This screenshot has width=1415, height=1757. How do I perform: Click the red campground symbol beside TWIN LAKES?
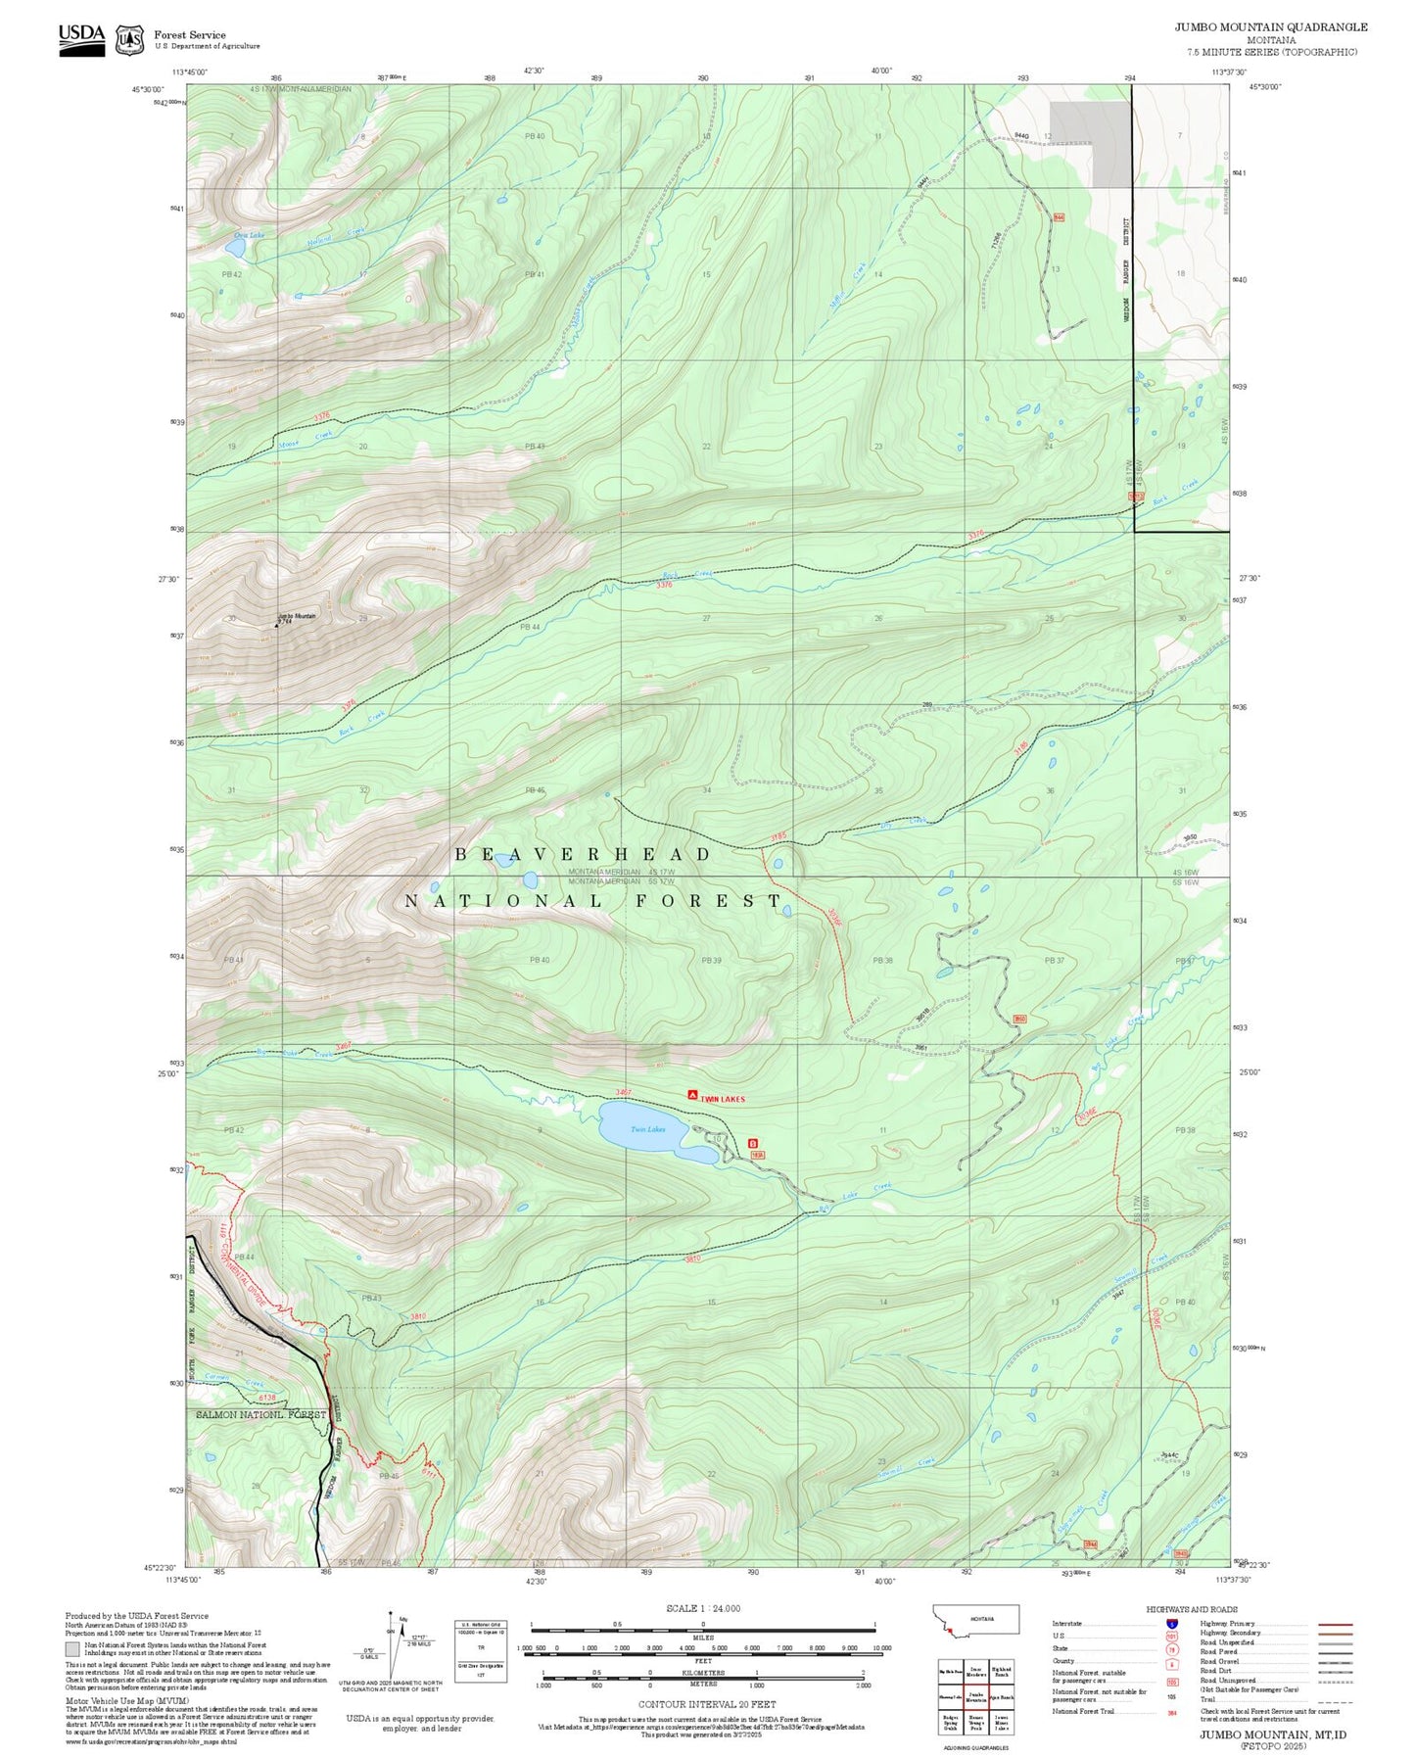click(x=692, y=1095)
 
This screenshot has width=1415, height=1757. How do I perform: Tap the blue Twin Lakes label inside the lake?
click(x=647, y=1129)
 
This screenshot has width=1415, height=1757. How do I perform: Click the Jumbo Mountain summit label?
click(x=297, y=616)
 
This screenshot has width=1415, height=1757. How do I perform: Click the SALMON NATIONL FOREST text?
click(x=260, y=1414)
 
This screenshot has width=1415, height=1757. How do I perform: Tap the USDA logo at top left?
click(x=81, y=37)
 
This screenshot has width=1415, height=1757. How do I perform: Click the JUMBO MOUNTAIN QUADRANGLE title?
click(x=1271, y=27)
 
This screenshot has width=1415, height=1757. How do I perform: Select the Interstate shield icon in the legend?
click(x=1171, y=1623)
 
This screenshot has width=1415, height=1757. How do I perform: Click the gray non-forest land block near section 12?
click(x=1089, y=142)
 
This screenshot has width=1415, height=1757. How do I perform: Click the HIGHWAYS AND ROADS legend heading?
click(x=1191, y=1609)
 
